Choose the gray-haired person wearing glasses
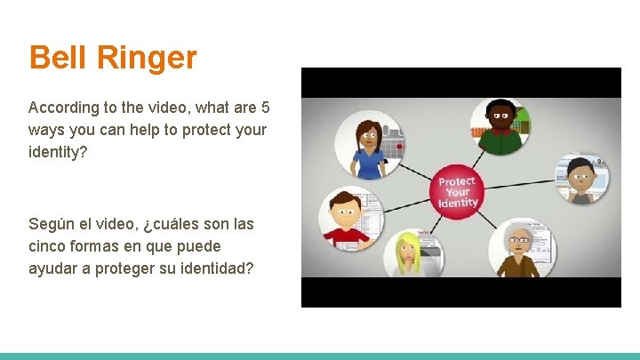518,248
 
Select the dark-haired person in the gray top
580,180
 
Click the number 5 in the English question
265,108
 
